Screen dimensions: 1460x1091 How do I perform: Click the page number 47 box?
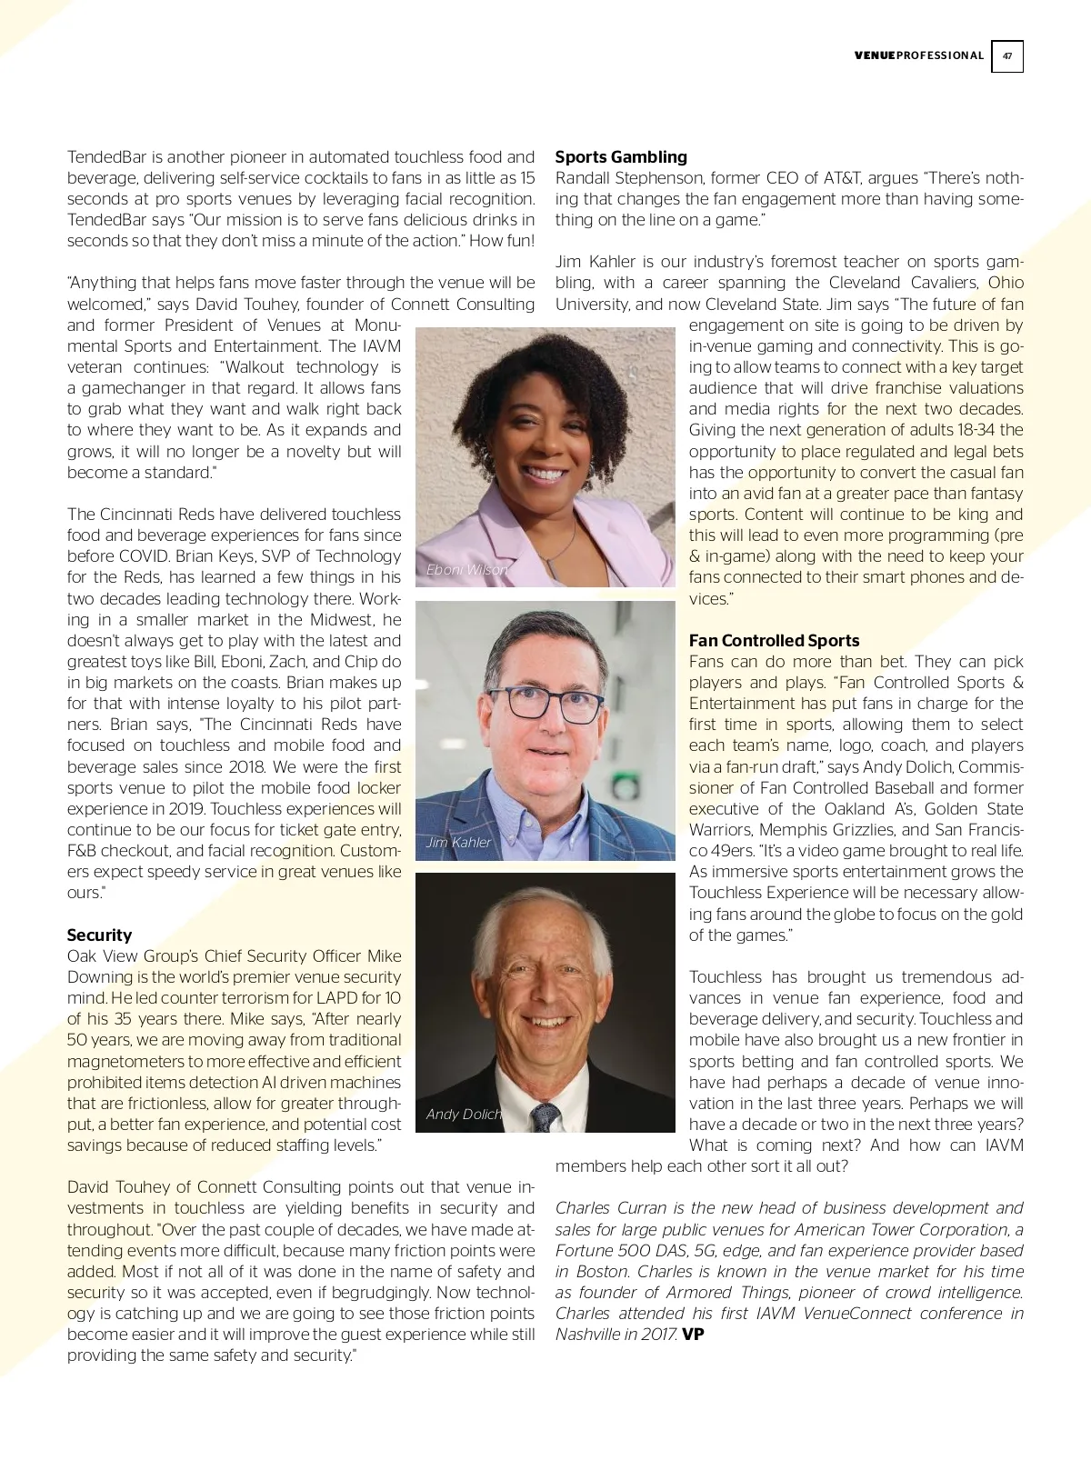pos(1006,56)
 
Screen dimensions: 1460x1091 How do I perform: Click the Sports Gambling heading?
pos(621,157)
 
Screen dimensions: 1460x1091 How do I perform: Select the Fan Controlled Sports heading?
pos(774,641)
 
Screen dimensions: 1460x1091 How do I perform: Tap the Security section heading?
pos(99,935)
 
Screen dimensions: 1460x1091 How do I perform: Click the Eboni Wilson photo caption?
pos(467,570)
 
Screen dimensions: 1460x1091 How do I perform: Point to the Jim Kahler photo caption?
pos(459,843)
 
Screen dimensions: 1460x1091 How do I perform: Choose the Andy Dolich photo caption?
pos(464,1115)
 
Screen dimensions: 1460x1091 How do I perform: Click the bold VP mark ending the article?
pos(693,1335)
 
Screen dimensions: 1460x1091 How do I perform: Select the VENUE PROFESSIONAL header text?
pos(918,56)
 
